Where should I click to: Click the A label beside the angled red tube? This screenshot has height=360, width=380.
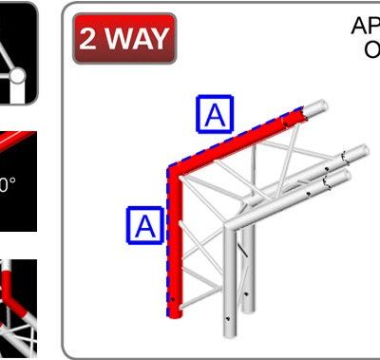tap(216, 114)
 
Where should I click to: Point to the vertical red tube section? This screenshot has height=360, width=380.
tap(175, 247)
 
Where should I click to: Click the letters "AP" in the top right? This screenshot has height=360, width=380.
tap(365, 25)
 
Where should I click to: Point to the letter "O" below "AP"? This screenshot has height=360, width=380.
tap(371, 47)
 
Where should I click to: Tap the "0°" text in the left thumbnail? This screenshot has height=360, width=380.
tap(8, 185)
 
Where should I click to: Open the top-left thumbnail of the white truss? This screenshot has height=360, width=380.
tap(18, 52)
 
